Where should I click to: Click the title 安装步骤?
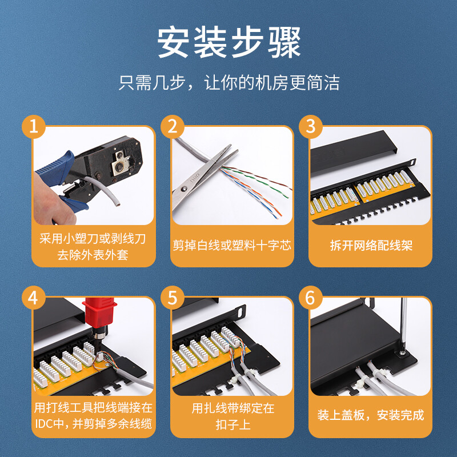coord(229,42)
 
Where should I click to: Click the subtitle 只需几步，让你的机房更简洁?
coord(229,82)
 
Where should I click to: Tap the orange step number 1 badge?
coord(34,127)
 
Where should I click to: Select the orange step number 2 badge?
coord(173,127)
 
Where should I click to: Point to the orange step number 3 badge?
coord(311,127)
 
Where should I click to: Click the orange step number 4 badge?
coord(34,298)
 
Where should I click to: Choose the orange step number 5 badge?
coord(173,298)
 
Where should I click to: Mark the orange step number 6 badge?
coord(311,298)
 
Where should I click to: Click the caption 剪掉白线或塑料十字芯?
coord(232,246)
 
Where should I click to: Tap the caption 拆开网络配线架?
coord(371,246)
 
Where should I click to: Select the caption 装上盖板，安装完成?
coord(370,415)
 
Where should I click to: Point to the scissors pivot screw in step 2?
coord(183,190)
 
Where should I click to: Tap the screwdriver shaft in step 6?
coord(403,323)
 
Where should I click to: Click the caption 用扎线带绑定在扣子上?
coord(232,416)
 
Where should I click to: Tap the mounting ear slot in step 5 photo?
coord(240,312)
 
